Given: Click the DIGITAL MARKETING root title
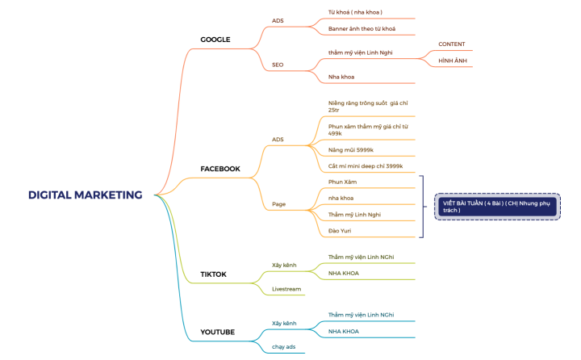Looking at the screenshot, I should pyautogui.click(x=85, y=195).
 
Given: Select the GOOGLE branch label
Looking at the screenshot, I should pyautogui.click(x=215, y=40).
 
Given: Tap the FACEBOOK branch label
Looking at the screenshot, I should pyautogui.click(x=220, y=169).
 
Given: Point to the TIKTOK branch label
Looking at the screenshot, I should pyautogui.click(x=214, y=274).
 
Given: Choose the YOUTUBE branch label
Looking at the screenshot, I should pyautogui.click(x=218, y=332).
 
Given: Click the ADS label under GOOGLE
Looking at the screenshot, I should pyautogui.click(x=278, y=21).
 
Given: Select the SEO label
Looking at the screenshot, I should pyautogui.click(x=278, y=65).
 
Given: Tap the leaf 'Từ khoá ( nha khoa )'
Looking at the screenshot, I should pyautogui.click(x=355, y=13).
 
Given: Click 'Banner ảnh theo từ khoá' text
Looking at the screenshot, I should pyautogui.click(x=362, y=29).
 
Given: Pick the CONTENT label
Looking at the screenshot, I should pyautogui.click(x=451, y=44).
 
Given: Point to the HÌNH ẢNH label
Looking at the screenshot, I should pyautogui.click(x=451, y=61).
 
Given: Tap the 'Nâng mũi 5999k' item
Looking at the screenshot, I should pyautogui.click(x=351, y=150).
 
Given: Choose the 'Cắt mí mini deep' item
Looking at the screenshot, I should pyautogui.click(x=366, y=166).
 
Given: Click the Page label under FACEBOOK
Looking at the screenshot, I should pyautogui.click(x=278, y=205).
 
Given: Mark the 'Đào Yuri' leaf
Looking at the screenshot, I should pyautogui.click(x=340, y=231).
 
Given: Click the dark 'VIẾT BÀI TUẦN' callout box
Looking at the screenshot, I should pyautogui.click(x=495, y=207).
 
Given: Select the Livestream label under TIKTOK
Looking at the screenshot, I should pyautogui.click(x=286, y=288).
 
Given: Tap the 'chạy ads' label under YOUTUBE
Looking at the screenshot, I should pyautogui.click(x=284, y=346).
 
